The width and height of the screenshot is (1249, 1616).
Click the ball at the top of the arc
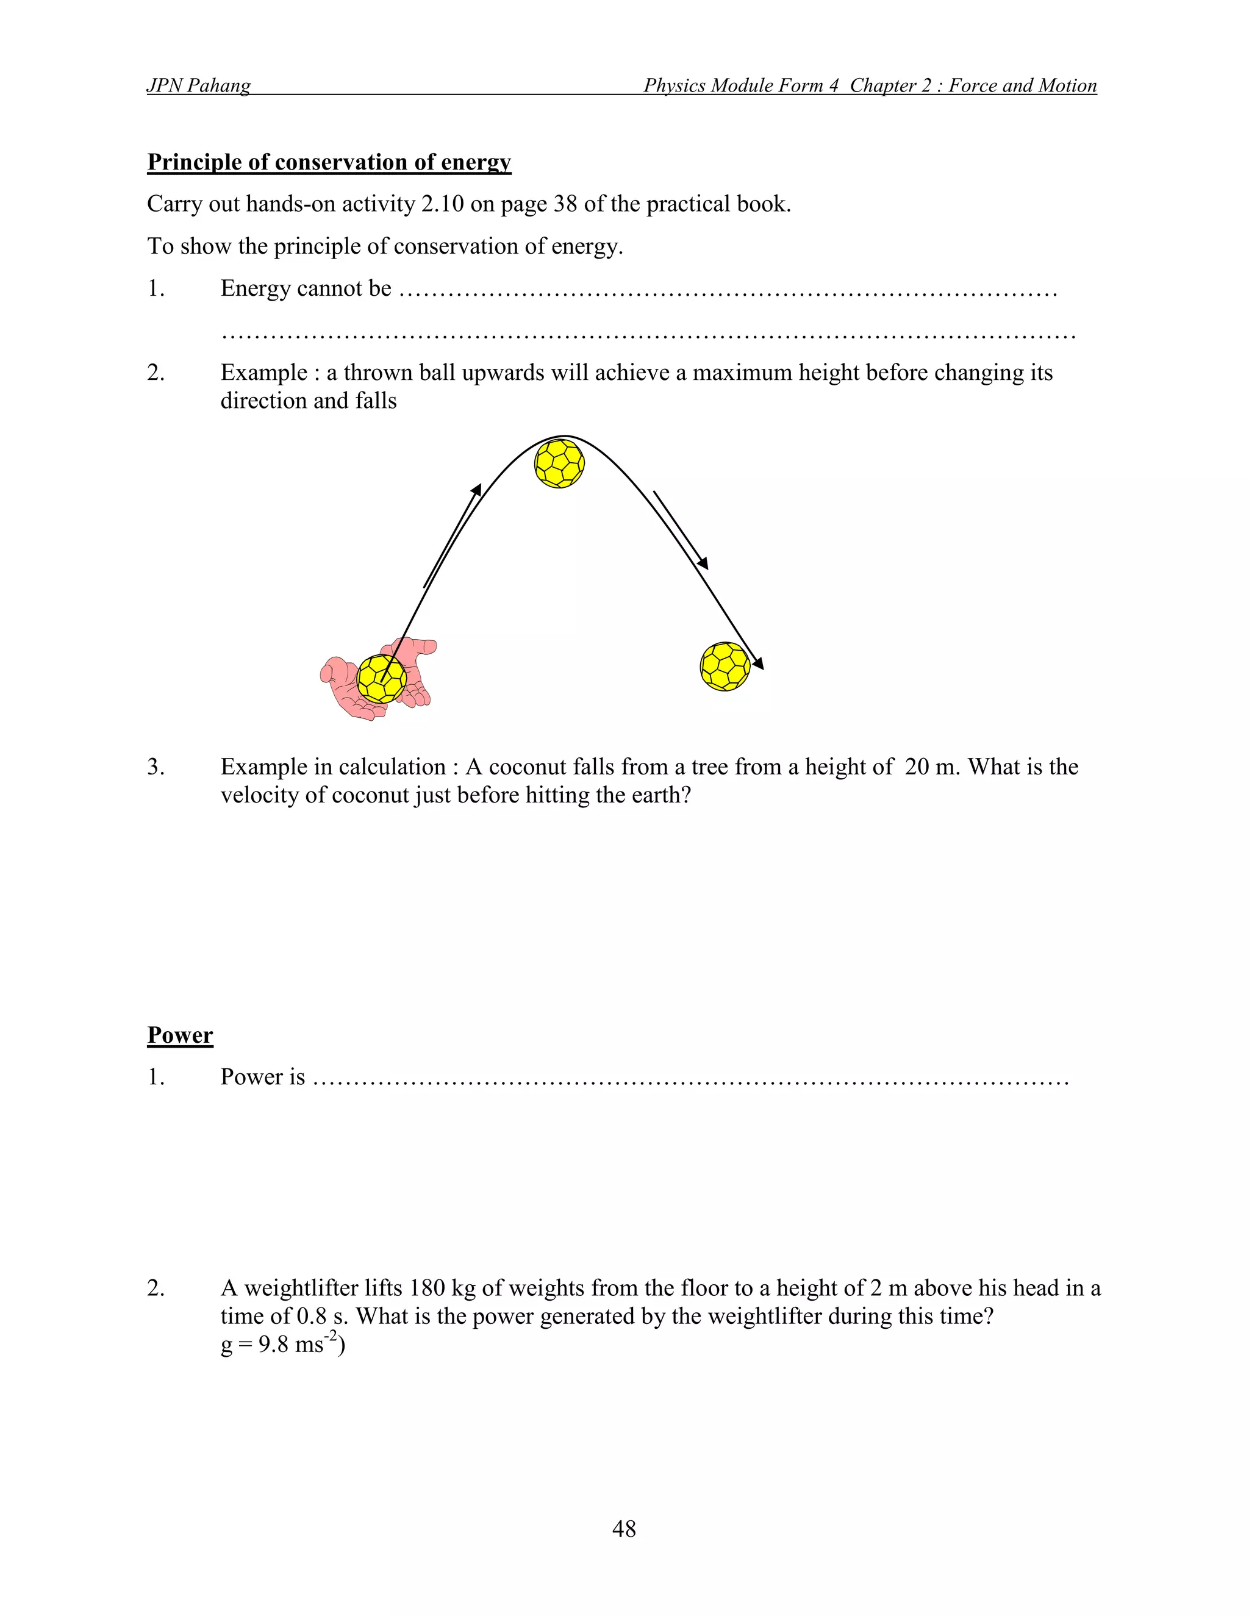[559, 463]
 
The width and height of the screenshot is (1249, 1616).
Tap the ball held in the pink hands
[381, 679]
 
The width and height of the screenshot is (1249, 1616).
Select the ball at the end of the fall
[725, 666]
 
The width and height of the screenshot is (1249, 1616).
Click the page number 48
[624, 1528]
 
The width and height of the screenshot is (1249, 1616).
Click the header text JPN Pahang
[198, 86]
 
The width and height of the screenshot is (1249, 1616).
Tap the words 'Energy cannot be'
[306, 288]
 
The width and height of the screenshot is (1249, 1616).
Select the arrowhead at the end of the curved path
[759, 665]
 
